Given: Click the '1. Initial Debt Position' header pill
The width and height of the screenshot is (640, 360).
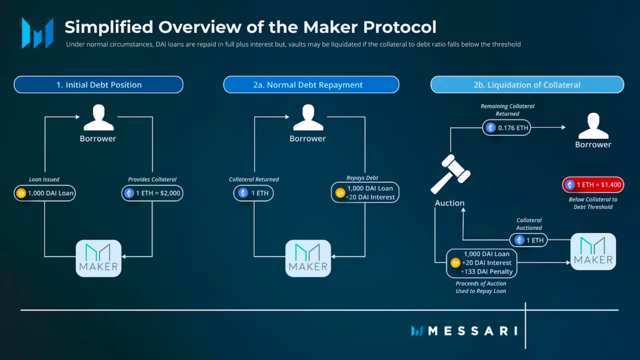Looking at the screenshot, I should coord(99,85).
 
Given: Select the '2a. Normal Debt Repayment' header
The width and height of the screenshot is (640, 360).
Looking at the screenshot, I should coord(311,85).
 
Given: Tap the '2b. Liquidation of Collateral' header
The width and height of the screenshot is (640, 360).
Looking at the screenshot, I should coord(527,85).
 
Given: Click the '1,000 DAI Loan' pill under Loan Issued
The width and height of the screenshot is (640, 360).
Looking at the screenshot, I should coord(45,193).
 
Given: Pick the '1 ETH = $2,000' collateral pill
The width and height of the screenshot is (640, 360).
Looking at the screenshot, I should coord(153,193).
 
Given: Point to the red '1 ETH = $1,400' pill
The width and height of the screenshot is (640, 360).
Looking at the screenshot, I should coord(593,185).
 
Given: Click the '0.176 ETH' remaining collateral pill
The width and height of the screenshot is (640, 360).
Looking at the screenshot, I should coord(507,128).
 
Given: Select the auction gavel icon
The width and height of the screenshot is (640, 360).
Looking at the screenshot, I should coord(450,174).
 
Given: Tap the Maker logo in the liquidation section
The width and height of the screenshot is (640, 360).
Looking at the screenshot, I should coord(593,251).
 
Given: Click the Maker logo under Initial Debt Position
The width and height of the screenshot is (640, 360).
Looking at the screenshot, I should coord(99,258).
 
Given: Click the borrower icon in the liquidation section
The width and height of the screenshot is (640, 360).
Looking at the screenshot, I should coord(593,126).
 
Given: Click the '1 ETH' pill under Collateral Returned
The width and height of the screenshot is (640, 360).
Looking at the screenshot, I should coord(254,193).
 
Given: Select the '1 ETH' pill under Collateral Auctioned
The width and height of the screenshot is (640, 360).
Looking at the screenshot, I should coord(528,241).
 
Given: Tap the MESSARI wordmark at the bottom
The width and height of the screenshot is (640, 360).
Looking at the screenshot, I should coord(472,331).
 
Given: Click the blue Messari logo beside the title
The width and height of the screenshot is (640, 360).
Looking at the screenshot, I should coord(37,33).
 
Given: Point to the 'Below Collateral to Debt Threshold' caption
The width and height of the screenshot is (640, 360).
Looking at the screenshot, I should coord(593,203).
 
